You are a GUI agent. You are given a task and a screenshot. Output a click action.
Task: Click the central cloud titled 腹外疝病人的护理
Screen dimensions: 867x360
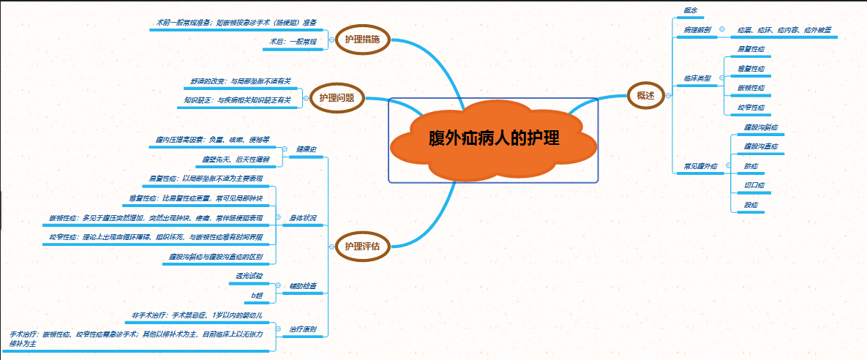click(494, 139)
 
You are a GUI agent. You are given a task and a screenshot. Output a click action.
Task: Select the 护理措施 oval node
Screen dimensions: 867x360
click(362, 40)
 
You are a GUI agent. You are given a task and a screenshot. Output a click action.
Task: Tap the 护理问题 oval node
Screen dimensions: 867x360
click(337, 97)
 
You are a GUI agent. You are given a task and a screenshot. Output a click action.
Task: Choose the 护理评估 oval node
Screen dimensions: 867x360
click(362, 246)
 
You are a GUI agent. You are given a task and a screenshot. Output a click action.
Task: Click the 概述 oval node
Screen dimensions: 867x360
click(646, 96)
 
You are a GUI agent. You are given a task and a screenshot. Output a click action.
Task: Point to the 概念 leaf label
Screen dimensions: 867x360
click(690, 9)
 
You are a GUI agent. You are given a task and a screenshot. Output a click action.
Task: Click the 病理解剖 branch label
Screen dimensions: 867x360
click(697, 30)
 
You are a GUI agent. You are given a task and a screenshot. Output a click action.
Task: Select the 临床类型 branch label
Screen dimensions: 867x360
click(697, 78)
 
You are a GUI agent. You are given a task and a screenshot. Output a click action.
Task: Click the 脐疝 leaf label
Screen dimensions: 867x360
click(751, 166)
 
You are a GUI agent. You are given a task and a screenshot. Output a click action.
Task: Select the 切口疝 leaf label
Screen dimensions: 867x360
click(754, 185)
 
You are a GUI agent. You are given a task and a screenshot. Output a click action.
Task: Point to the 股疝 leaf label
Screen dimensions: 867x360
click(751, 205)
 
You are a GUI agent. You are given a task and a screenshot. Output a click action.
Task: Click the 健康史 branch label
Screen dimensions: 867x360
click(306, 149)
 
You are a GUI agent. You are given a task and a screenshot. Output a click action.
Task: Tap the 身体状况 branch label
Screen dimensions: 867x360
click(303, 218)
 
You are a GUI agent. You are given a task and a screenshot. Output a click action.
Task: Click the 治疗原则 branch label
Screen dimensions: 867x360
click(303, 329)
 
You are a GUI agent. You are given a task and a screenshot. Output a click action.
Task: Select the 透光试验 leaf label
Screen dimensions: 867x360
click(249, 276)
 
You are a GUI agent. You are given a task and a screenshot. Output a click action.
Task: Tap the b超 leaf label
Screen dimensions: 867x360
click(257, 295)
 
